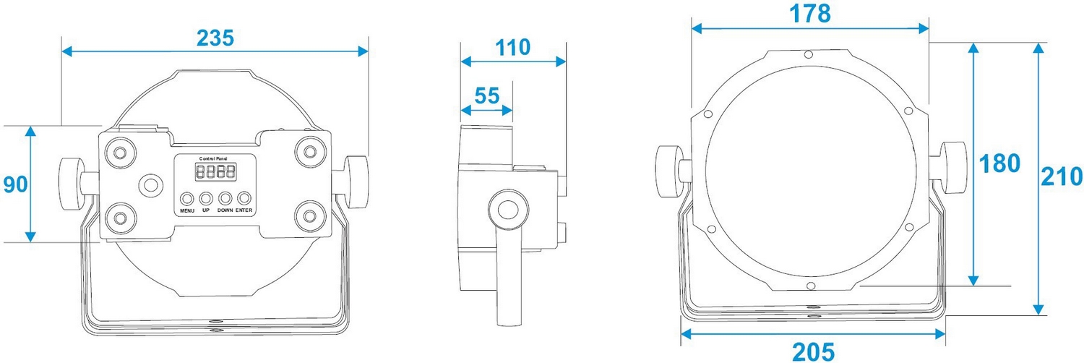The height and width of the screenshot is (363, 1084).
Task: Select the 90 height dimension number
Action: [x=15, y=184]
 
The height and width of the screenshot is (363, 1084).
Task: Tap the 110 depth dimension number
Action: [x=512, y=48]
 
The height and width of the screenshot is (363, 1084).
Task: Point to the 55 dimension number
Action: [x=487, y=95]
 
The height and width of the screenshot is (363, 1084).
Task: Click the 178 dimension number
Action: [x=809, y=14]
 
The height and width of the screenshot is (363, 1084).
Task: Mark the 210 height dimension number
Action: [x=1061, y=176]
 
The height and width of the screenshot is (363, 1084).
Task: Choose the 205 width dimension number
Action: [x=813, y=351]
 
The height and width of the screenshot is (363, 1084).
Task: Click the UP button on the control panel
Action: [x=206, y=198]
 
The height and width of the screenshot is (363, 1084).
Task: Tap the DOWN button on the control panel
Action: [x=225, y=198]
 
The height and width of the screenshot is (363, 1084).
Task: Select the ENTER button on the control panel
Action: [x=245, y=198]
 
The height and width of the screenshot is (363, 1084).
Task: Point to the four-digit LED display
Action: [x=215, y=172]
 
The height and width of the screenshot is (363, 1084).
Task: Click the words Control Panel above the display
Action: [x=215, y=158]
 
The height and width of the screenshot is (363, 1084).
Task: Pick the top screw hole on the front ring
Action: [x=809, y=54]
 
